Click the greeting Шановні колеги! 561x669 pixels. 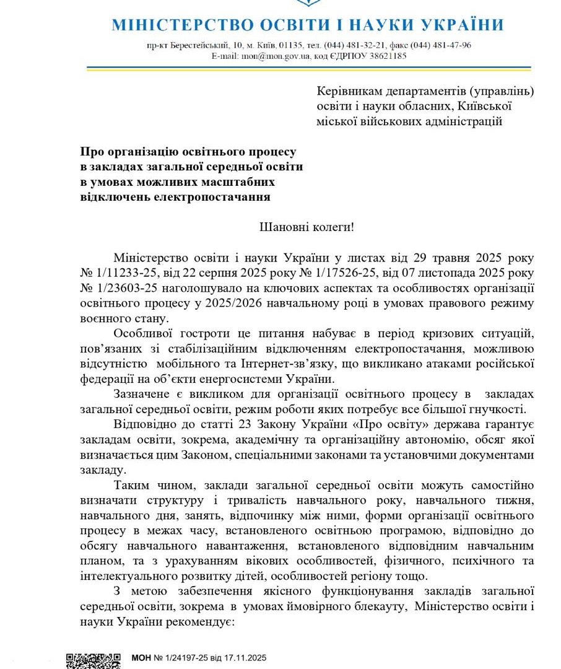(307, 227)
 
